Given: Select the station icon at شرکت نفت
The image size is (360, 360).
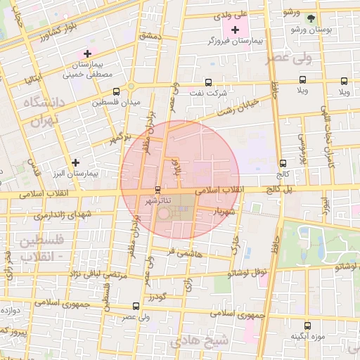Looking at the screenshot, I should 207,82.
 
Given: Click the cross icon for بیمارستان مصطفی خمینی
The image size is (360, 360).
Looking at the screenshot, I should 87,53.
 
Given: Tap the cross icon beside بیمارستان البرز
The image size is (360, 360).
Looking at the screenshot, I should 76,162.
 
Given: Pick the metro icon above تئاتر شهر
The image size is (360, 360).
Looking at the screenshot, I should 157,189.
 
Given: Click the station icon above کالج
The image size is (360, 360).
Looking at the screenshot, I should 283,162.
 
